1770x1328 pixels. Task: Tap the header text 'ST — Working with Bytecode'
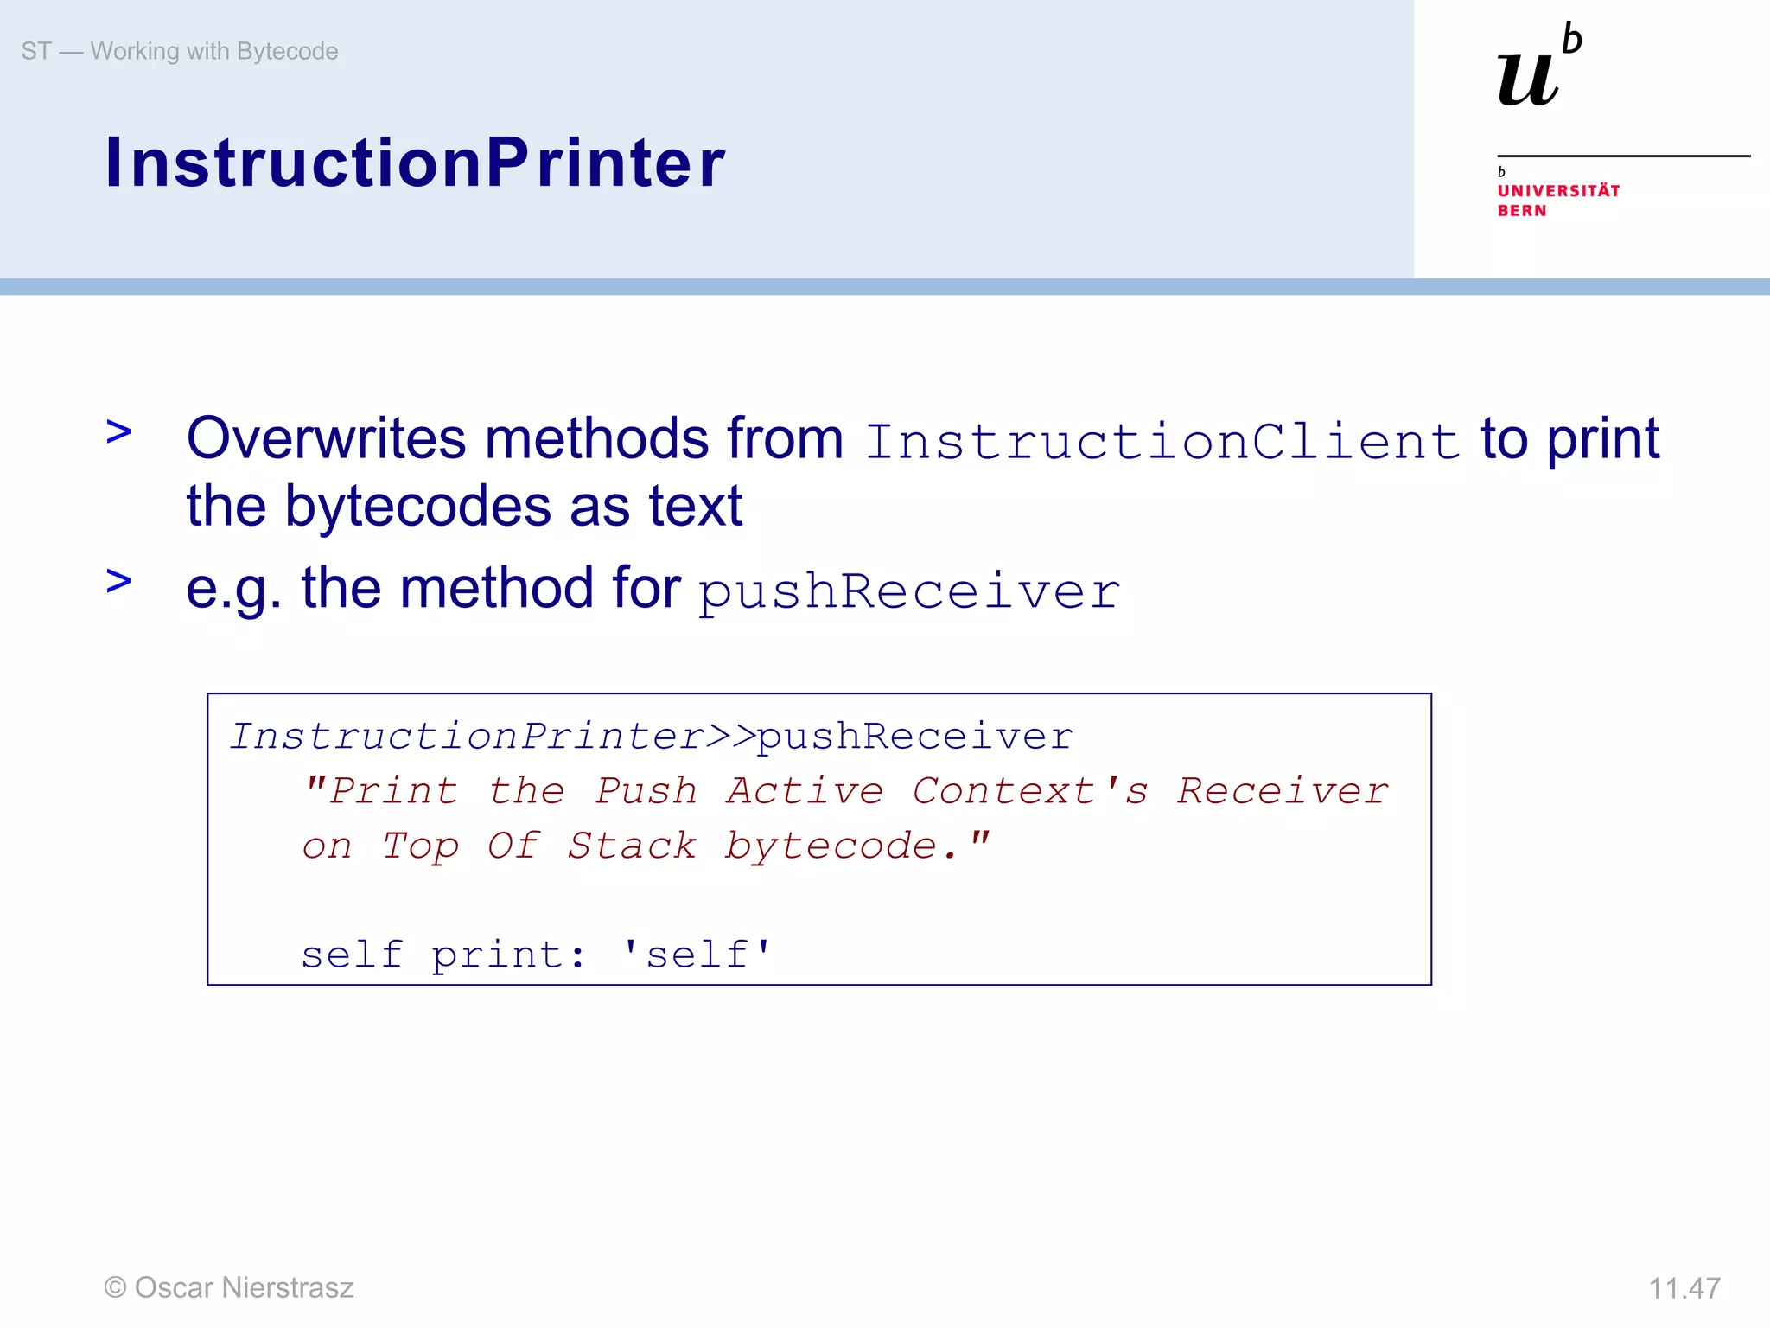point(180,51)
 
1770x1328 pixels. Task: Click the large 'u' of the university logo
point(1528,80)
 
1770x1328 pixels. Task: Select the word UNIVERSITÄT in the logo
point(1558,191)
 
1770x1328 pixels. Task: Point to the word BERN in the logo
point(1522,211)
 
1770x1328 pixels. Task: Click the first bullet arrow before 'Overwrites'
point(118,431)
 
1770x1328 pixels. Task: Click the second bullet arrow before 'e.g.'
point(118,581)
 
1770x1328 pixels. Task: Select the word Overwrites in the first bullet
point(326,438)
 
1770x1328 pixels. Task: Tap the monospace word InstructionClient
point(1162,442)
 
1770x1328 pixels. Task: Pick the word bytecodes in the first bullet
point(417,507)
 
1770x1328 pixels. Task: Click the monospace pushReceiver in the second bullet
point(909,592)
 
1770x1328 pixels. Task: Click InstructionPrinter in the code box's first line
point(468,737)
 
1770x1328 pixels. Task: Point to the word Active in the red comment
point(805,791)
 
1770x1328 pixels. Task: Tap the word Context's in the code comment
point(1030,791)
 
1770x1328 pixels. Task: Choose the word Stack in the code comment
point(632,846)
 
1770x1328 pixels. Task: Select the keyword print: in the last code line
point(508,955)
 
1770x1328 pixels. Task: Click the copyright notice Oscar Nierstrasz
point(229,1287)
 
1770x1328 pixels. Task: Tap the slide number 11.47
point(1684,1288)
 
